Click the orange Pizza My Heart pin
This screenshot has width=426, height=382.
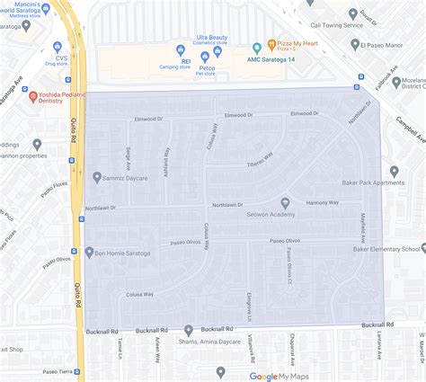256,48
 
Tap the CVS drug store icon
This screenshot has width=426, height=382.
58,47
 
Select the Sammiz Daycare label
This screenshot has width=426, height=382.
128,177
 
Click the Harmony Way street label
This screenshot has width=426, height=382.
322,203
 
